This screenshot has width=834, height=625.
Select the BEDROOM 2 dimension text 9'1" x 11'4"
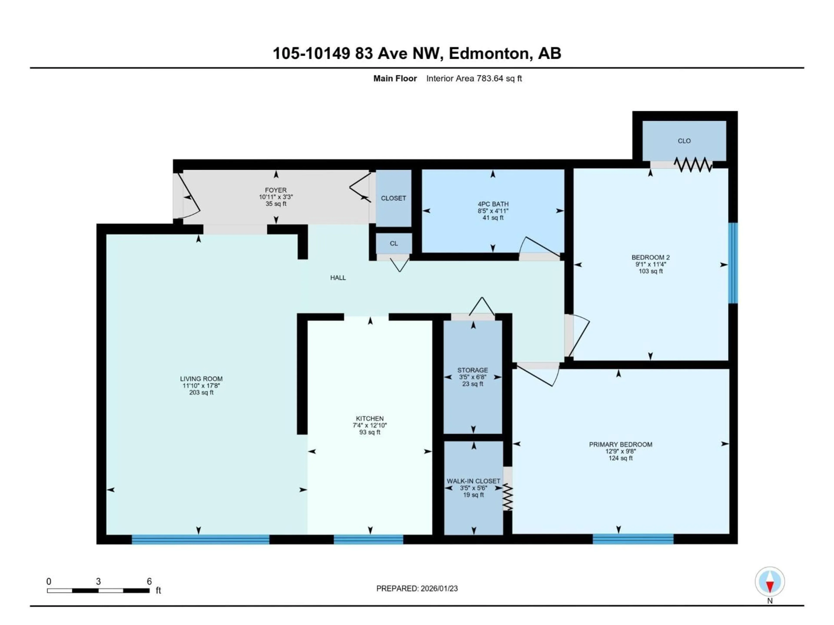click(650, 265)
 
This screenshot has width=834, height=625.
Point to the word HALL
click(338, 278)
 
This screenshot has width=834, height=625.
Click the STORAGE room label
click(472, 370)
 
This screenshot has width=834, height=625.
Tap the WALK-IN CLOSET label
click(473, 481)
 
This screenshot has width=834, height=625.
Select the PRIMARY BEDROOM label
click(620, 444)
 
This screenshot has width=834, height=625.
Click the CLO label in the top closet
click(684, 141)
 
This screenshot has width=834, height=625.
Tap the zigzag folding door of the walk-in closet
click(508, 497)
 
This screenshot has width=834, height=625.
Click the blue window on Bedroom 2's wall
click(733, 263)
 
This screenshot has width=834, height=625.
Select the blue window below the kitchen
click(368, 539)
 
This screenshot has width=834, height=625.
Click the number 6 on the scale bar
click(149, 581)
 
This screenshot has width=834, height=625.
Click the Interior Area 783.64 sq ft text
click(474, 78)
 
